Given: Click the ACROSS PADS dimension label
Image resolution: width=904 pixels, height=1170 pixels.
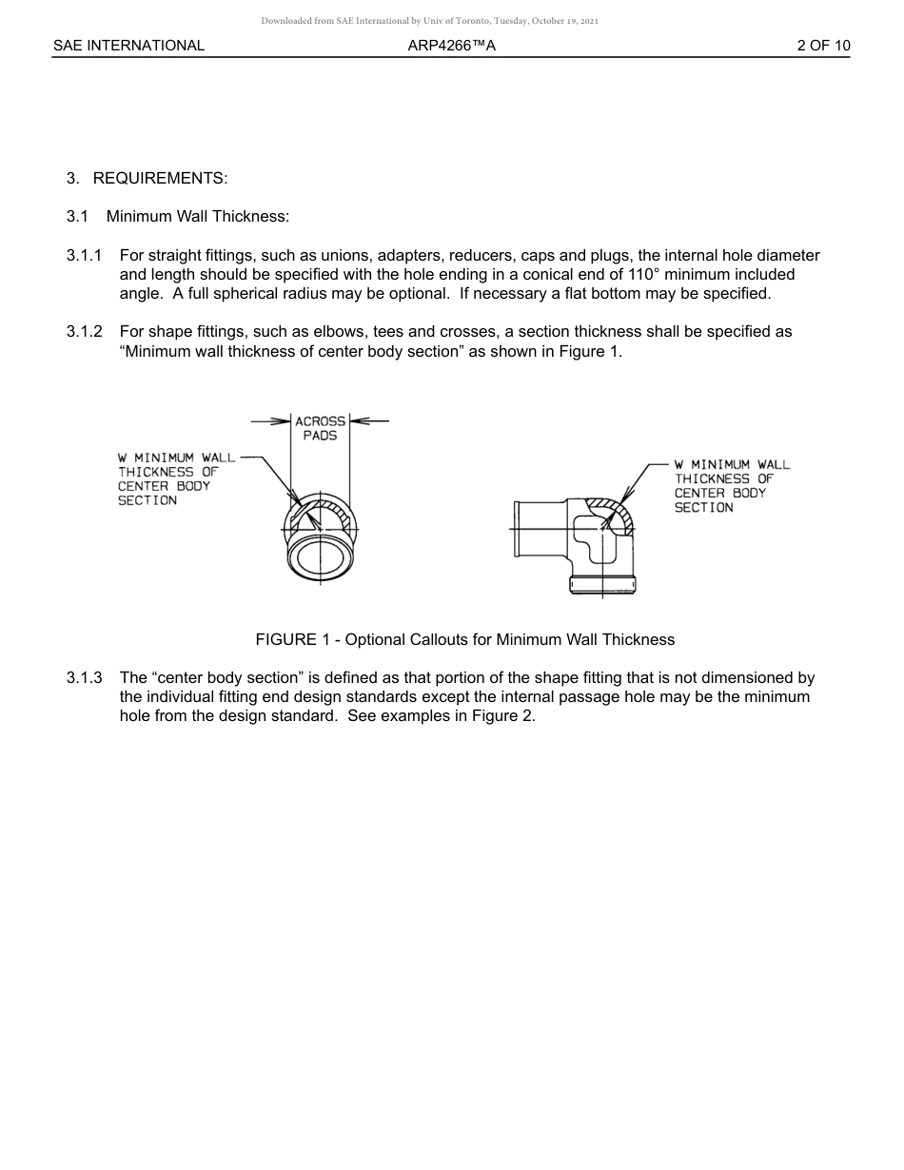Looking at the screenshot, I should (x=320, y=428).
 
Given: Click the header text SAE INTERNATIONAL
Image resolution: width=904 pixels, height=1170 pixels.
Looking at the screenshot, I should (x=128, y=46).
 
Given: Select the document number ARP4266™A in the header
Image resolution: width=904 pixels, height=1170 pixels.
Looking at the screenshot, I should (x=452, y=46).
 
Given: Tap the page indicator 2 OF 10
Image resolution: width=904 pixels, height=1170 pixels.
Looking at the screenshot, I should (x=824, y=46).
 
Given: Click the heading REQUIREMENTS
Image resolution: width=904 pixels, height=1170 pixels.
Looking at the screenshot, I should (x=160, y=179).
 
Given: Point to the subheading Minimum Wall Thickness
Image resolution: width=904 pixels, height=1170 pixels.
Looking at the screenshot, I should (x=197, y=217).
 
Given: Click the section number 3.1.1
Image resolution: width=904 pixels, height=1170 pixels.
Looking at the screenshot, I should (x=84, y=256).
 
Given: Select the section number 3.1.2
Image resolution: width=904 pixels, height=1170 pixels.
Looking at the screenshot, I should (x=84, y=332).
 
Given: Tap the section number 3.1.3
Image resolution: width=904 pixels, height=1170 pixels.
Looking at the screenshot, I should (x=84, y=678).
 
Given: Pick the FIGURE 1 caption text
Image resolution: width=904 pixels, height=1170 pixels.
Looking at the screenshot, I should (x=464, y=640).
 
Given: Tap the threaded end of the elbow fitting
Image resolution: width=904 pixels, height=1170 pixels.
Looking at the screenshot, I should (x=601, y=584).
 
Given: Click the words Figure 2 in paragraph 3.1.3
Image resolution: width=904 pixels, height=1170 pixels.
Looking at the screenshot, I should (x=503, y=716).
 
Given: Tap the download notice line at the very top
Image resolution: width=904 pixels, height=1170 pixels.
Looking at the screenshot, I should (x=429, y=21).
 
